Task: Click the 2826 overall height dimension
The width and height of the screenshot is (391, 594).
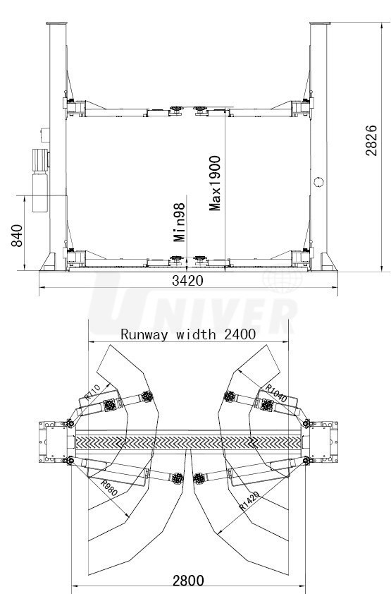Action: (x=371, y=140)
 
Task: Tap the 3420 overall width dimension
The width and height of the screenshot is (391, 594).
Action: (x=187, y=281)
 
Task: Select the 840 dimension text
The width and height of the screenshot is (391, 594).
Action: (x=17, y=236)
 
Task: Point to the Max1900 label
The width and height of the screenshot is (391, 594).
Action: (x=215, y=183)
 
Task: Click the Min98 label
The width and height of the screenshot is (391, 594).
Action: (x=180, y=222)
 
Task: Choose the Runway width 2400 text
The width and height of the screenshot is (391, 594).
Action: (x=188, y=334)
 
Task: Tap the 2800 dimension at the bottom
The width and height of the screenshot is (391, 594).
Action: (x=188, y=581)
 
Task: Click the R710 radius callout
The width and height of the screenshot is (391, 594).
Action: (x=92, y=392)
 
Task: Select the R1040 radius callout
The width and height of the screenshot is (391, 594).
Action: (x=276, y=393)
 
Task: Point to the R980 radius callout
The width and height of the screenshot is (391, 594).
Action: (x=109, y=488)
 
